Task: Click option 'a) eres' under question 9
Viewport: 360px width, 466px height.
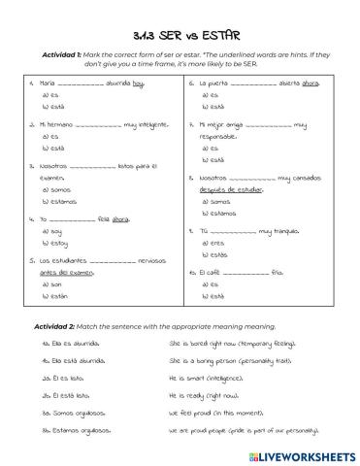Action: click(x=212, y=243)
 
